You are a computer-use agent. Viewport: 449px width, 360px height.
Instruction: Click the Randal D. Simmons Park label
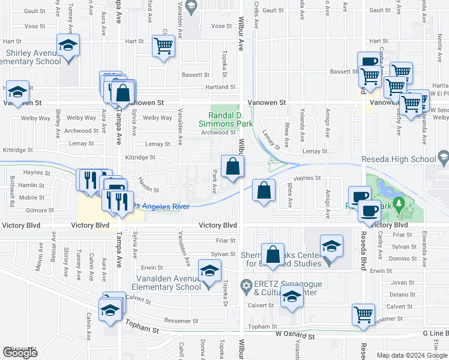226,119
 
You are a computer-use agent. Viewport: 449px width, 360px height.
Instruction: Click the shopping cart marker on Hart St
163,46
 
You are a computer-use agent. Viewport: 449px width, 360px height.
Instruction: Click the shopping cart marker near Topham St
363,314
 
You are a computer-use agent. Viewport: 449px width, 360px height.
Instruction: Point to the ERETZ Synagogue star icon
245,284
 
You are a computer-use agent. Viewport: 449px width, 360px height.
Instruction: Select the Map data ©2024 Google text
412,355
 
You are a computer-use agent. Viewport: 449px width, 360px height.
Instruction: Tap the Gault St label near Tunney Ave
35,11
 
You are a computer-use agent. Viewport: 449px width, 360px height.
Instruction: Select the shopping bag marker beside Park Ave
232,166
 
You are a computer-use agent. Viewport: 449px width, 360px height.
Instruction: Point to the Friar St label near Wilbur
225,240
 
